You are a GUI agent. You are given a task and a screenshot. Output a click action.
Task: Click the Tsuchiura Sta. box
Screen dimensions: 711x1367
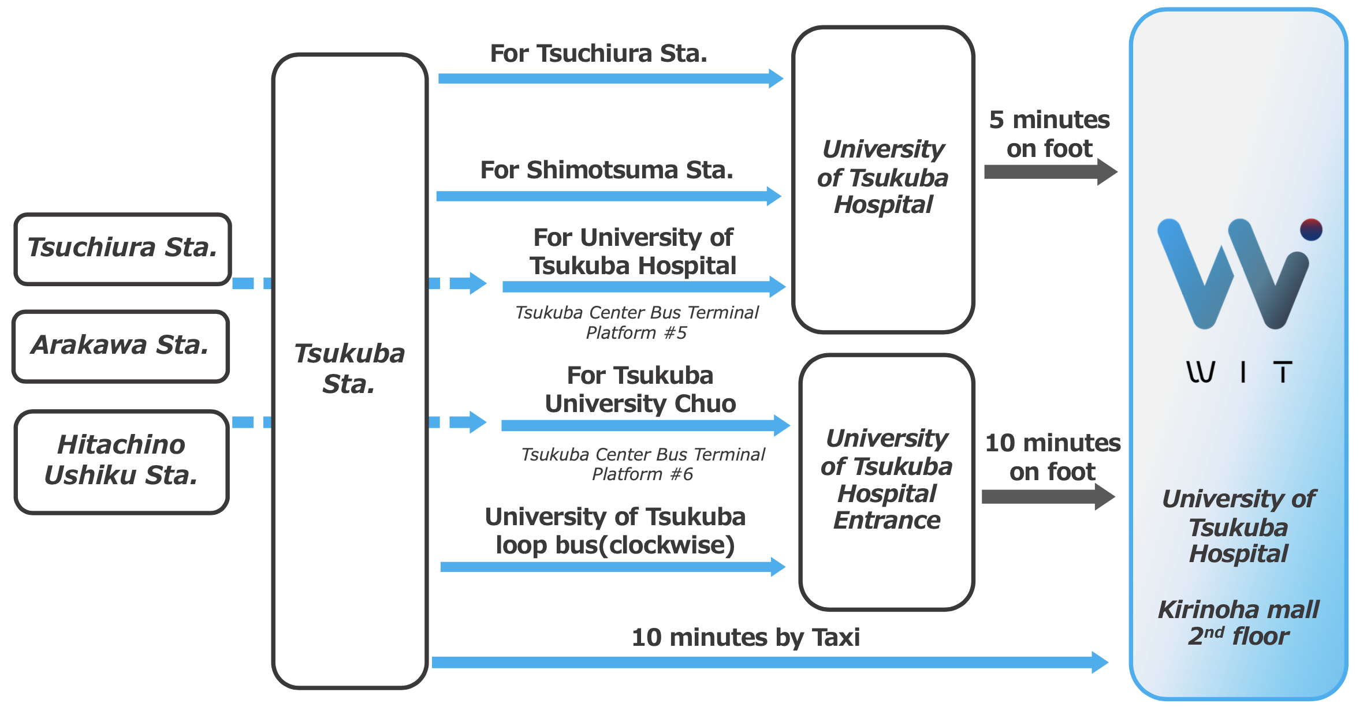122,248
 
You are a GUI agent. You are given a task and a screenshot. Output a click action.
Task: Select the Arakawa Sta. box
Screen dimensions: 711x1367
120,346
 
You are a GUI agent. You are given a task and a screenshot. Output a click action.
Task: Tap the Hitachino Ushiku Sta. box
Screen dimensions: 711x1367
121,461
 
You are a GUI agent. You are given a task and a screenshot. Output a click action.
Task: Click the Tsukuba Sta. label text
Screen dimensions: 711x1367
349,368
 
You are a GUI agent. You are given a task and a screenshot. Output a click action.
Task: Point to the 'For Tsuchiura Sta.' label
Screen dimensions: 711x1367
598,54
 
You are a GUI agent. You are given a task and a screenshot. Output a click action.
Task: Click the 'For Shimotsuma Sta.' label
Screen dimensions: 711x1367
606,170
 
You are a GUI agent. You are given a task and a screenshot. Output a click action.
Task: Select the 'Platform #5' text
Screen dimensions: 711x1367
636,333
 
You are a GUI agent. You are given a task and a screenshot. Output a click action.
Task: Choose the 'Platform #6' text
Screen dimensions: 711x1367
642,474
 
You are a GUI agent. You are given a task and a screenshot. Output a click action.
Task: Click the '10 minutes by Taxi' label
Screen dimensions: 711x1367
746,638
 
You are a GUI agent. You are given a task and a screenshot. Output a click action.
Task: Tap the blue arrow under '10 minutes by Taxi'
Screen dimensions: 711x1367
768,662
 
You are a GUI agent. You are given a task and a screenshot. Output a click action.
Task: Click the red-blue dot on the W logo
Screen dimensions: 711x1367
1311,230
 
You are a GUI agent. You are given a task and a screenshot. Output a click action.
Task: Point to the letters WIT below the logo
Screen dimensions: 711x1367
1239,372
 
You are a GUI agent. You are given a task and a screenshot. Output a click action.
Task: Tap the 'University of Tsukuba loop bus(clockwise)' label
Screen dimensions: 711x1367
615,531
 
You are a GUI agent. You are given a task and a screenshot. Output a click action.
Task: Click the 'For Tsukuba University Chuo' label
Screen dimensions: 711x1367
640,390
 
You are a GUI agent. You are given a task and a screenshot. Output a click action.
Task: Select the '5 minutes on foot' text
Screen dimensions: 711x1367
1049,134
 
